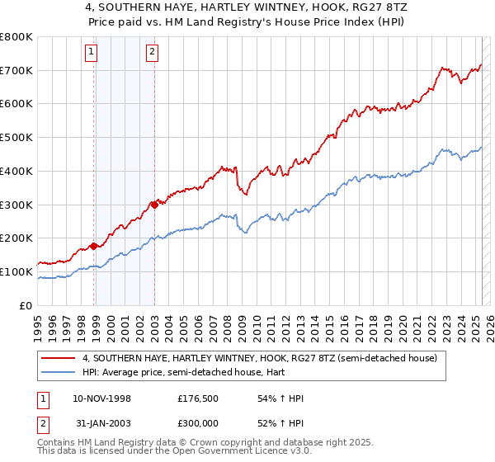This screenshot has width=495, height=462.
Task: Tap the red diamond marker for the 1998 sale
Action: point(94,246)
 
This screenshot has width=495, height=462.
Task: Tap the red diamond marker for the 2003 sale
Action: point(155,204)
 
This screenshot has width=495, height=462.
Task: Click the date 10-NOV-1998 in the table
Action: point(96,398)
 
